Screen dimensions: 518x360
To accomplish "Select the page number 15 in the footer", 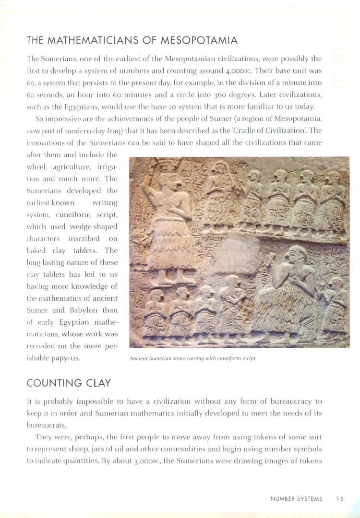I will (x=340, y=499).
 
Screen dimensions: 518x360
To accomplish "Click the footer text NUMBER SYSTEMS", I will (x=296, y=499).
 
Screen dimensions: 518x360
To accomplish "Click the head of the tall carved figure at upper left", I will (x=169, y=181).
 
